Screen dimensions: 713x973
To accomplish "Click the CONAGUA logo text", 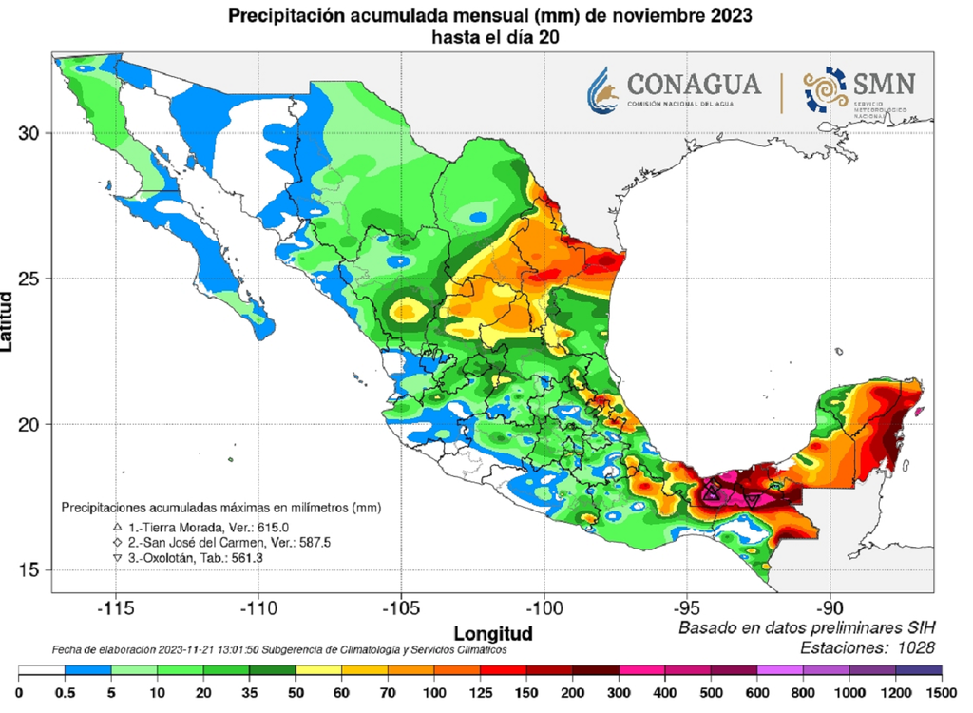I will click(x=695, y=84).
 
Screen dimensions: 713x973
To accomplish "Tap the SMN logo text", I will click(x=885, y=84).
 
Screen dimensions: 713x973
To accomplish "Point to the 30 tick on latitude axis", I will click(x=31, y=133).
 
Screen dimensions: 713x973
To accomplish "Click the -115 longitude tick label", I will click(x=115, y=607).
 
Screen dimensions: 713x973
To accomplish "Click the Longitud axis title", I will click(x=493, y=633).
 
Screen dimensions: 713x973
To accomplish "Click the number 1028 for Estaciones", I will click(x=914, y=647).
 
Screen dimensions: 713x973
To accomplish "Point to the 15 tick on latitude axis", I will click(x=31, y=570).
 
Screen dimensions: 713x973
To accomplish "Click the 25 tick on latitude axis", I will click(x=31, y=279).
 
